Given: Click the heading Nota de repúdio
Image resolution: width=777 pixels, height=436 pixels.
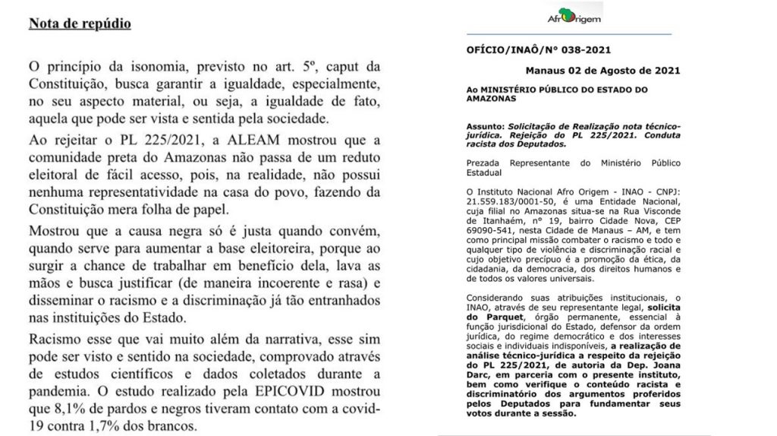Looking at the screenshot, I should tap(80, 24).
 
